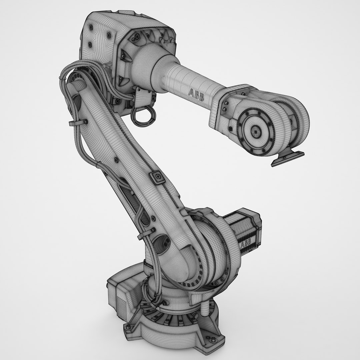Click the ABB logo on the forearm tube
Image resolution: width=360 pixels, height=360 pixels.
pyautogui.click(x=197, y=95)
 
